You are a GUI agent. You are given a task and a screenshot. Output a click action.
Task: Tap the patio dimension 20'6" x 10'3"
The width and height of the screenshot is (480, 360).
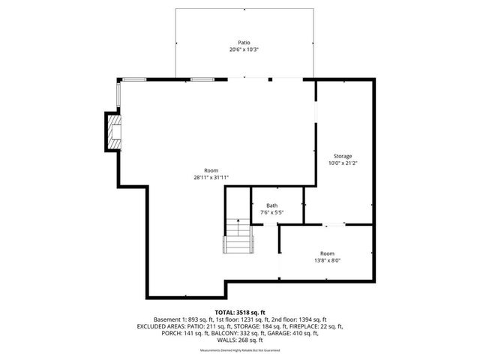coord(244,49)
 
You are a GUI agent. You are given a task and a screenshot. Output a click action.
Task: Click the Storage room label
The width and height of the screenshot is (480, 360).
coord(343,156)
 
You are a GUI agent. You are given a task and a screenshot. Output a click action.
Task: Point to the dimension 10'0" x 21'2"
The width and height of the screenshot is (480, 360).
coord(343,163)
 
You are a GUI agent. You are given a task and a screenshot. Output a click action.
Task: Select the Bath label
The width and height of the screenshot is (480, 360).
coord(271,205)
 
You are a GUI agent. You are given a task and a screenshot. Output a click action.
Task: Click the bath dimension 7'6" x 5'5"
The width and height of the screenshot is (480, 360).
coord(271,212)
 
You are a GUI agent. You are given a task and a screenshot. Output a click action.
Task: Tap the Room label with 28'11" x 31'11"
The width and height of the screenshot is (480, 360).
coord(211,170)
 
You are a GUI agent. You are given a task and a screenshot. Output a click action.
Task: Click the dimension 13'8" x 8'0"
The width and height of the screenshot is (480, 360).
coord(328,260)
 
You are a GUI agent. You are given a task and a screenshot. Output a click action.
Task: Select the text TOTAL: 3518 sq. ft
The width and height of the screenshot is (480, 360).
coord(239,311)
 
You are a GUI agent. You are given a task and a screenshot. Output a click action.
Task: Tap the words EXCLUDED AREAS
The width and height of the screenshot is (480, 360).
coord(164,327)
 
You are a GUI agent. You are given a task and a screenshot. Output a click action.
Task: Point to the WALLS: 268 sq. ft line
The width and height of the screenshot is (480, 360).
coord(239,342)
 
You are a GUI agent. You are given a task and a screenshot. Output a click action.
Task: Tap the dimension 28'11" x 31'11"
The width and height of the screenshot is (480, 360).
coord(211,178)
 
